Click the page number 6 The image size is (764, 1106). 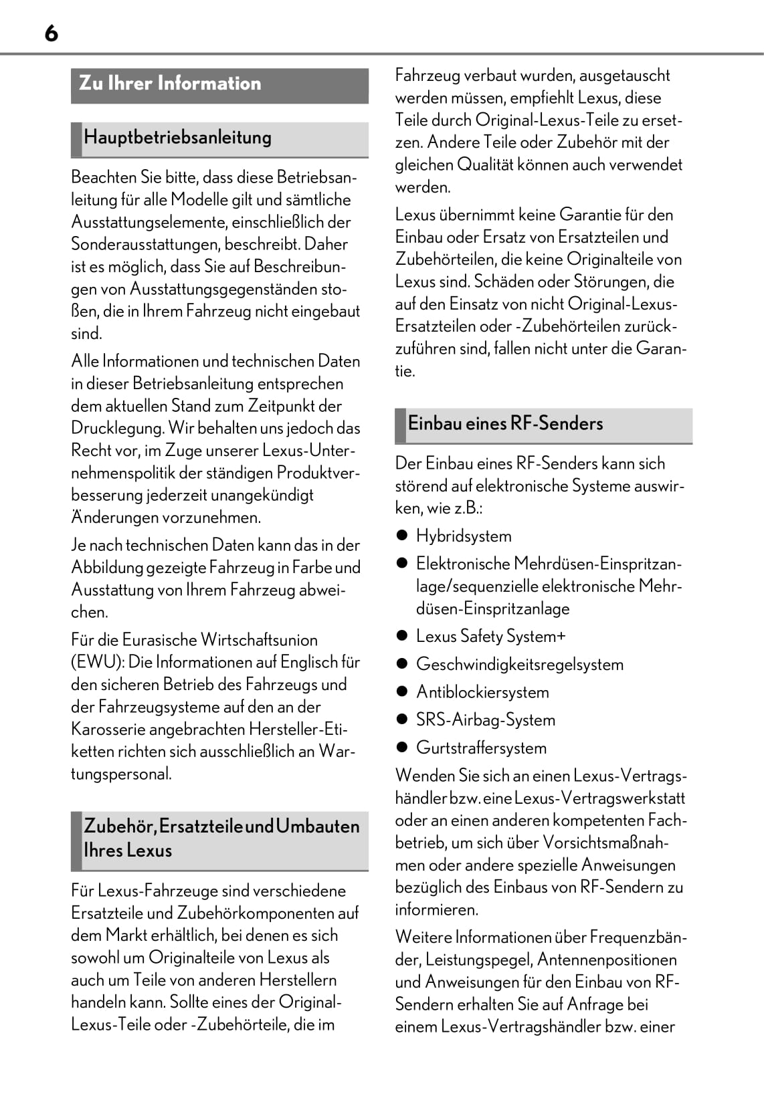click(52, 33)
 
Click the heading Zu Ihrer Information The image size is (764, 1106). click(170, 84)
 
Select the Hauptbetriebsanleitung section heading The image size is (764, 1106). click(177, 138)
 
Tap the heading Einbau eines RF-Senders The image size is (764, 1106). click(505, 423)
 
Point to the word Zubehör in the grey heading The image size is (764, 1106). click(118, 826)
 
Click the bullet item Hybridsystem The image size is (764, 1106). click(464, 536)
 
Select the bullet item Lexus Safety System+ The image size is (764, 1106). click(490, 637)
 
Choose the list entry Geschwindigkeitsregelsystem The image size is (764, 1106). click(519, 665)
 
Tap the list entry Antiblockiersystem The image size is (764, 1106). click(482, 692)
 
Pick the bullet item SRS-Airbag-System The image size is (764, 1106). click(485, 720)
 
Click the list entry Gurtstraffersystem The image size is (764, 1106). click(481, 748)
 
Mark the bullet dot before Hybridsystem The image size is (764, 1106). click(401, 536)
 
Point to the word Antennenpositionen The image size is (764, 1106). click(607, 960)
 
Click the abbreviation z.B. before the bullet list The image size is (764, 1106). click(468, 508)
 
